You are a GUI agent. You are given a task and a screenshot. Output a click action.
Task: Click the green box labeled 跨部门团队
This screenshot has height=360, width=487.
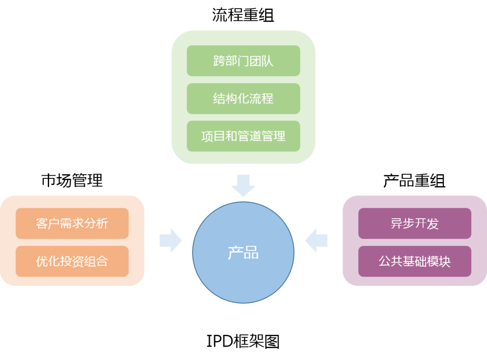click(243, 61)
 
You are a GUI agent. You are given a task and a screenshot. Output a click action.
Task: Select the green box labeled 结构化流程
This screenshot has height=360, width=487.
click(243, 99)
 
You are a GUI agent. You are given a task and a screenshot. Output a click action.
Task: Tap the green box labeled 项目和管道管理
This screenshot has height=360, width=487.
click(243, 136)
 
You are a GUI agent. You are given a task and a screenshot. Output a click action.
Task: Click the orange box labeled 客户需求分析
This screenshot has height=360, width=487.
click(72, 223)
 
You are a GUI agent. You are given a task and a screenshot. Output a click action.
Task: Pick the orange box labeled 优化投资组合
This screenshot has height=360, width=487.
click(72, 261)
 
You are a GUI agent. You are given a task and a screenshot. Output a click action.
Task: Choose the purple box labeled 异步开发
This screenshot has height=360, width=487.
click(414, 223)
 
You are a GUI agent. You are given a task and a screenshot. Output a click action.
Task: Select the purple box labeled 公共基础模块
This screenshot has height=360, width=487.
click(414, 261)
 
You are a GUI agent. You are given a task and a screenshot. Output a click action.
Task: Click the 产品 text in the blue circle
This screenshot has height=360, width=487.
click(243, 253)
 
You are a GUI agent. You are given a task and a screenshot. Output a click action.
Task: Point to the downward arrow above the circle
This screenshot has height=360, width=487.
click(243, 185)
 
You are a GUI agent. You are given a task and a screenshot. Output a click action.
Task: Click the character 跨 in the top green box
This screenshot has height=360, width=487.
click(219, 61)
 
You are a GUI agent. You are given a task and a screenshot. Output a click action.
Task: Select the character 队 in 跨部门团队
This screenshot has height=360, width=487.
click(267, 61)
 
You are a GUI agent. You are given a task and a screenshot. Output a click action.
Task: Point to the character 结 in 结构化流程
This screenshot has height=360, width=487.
click(219, 99)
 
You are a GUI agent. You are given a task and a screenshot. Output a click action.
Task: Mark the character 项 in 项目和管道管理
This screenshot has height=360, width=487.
click(207, 136)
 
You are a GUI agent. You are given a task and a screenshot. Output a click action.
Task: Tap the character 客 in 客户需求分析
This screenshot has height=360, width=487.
click(42, 223)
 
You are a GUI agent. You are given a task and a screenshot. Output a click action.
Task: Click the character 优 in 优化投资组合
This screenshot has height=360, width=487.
click(42, 261)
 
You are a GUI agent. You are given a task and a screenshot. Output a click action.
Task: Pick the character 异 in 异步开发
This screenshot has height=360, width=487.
click(396, 223)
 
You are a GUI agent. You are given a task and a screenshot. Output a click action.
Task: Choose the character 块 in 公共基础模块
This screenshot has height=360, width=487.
click(445, 261)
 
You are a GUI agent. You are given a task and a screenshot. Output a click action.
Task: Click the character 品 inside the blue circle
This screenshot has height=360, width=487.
click(252, 253)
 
